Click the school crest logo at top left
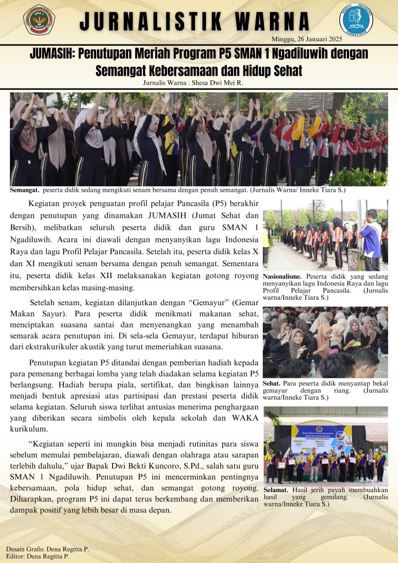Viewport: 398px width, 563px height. pos(39,20)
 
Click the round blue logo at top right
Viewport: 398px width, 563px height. pos(356,20)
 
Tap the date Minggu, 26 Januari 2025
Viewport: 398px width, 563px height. pos(307,39)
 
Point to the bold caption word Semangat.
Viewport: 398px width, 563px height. pos(24,190)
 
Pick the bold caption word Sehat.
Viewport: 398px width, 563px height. pos(271,383)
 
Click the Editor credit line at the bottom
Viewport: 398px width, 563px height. pos(39,556)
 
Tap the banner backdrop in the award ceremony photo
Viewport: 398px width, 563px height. pos(320,437)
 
